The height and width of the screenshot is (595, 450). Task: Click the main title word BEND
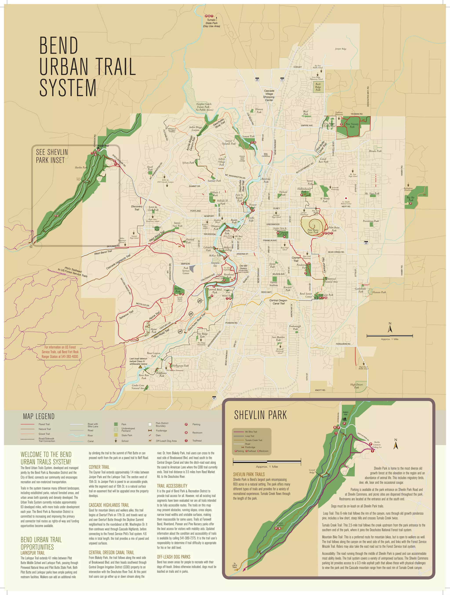tap(59, 46)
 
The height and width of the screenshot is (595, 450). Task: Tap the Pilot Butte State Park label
tap(313, 231)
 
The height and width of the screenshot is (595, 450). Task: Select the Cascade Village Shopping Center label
tap(269, 95)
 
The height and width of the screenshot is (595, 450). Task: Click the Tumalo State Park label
tap(212, 23)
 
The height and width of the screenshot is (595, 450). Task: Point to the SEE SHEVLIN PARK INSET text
tap(52, 156)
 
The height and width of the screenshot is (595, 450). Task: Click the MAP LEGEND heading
tap(39, 417)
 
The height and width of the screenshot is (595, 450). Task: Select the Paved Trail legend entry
tap(44, 424)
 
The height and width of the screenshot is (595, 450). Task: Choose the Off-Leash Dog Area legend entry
tap(166, 441)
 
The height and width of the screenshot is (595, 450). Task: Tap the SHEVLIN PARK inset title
tap(260, 415)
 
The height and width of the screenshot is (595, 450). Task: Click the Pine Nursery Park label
tap(352, 125)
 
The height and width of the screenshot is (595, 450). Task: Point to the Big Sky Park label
tap(411, 199)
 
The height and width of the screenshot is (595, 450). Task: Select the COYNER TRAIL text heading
tap(99, 467)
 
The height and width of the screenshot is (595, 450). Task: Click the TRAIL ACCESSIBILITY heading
tap(172, 486)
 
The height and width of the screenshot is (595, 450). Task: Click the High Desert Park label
tap(356, 386)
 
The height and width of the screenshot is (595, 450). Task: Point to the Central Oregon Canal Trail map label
tap(278, 302)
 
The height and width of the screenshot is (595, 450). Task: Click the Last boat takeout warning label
tap(138, 361)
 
